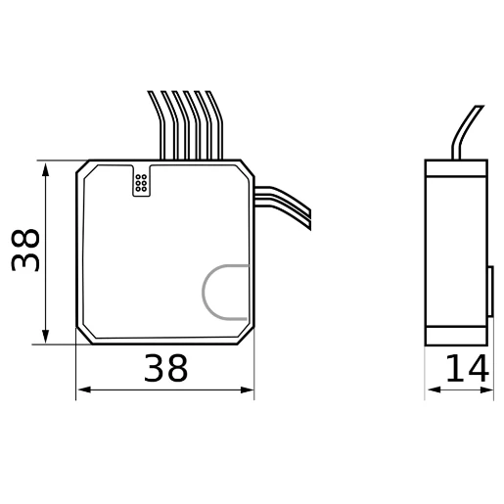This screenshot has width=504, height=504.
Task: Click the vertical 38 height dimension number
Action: coord(26,251)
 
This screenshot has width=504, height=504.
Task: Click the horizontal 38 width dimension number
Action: coord(164,369)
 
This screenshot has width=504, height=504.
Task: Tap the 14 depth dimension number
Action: coord(467,370)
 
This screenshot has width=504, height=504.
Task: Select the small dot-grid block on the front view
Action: coord(141,181)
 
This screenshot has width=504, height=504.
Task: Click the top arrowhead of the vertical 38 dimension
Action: coord(46,169)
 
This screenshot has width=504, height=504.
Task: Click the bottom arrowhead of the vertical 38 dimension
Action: coord(46,337)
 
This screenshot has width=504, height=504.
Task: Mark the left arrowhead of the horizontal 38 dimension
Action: coord(83,390)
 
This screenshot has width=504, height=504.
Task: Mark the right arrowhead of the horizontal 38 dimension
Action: coord(248,390)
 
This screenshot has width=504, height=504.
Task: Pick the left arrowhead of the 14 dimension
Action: coord(432,390)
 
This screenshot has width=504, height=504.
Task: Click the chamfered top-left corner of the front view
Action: coord(84,168)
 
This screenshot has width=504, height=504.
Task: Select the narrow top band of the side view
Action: coord(457,167)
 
